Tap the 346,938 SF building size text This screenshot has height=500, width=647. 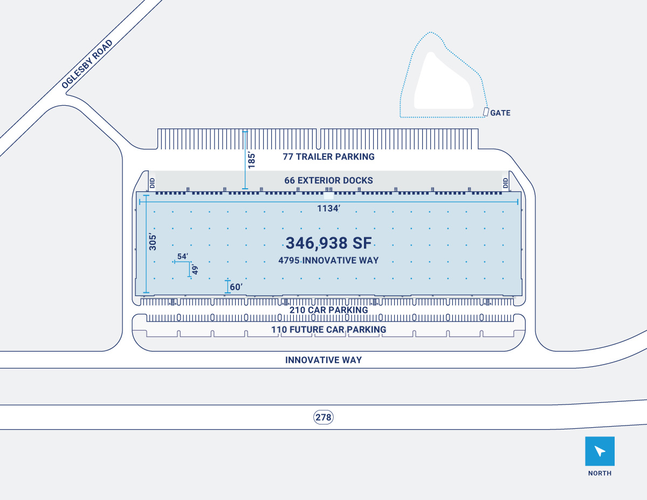tap(328, 243)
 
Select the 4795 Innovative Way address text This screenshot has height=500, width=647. tap(328, 261)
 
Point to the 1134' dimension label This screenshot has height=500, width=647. tap(329, 208)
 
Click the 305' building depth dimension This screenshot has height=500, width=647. tap(153, 242)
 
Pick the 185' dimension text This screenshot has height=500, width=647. tap(251, 160)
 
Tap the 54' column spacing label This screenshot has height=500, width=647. tap(182, 256)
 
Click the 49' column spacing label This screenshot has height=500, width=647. tap(195, 269)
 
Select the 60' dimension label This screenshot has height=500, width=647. tap(236, 286)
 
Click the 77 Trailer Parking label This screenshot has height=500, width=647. tap(328, 157)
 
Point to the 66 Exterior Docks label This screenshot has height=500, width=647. tap(328, 180)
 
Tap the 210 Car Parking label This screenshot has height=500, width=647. tap(328, 310)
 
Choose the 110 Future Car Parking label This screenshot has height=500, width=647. tap(328, 330)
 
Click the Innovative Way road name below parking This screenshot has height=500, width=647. tap(323, 360)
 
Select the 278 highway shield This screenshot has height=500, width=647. tap(323, 417)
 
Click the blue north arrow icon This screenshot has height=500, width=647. tap(600, 451)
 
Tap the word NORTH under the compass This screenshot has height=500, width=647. tap(600, 473)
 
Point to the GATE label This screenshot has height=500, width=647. tap(500, 113)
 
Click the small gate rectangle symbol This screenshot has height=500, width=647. tap(486, 112)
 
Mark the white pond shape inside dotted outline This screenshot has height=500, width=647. tap(442, 86)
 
